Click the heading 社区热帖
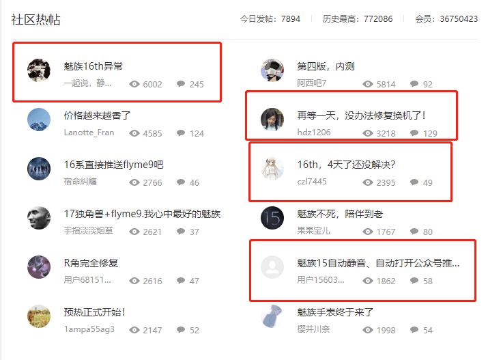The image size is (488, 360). [35, 20]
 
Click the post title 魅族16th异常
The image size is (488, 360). [94, 66]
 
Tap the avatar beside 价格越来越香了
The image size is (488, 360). [39, 120]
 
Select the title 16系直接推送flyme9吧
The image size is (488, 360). [113, 165]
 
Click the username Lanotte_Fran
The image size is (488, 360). [89, 133]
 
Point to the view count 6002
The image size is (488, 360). [152, 85]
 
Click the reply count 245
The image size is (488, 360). [197, 85]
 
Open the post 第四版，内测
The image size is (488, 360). [326, 66]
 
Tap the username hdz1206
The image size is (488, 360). [314, 133]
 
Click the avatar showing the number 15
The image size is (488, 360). [272, 218]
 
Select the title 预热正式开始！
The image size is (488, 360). [94, 312]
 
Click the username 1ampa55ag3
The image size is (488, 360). [89, 330]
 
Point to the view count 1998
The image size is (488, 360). [386, 331]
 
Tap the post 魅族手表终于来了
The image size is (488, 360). [335, 312]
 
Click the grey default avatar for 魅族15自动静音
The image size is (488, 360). [272, 267]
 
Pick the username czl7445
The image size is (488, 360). [312, 182]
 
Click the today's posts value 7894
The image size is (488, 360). [290, 19]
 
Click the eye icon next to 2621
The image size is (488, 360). [134, 232]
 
